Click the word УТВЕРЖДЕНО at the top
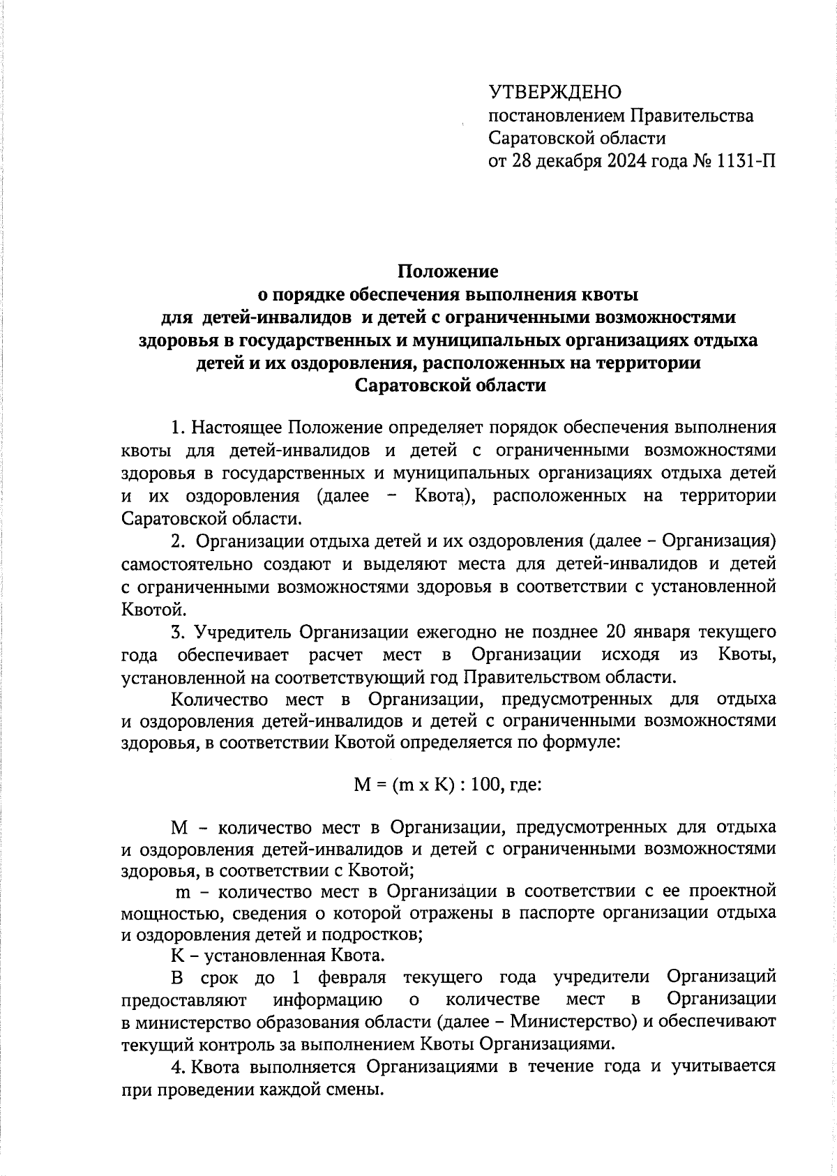click(555, 92)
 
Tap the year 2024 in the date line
click(605, 162)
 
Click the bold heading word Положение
click(448, 271)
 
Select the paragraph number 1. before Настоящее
click(179, 427)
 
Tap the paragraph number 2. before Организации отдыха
click(179, 541)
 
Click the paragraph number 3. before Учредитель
click(179, 633)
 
